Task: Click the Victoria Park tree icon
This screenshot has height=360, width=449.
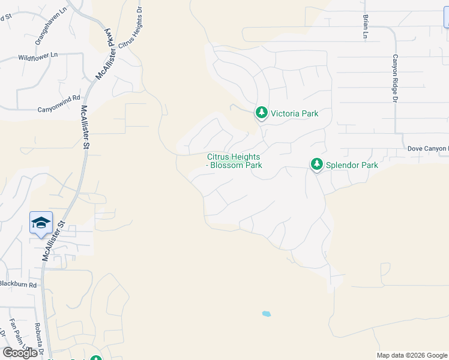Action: [x=261, y=113]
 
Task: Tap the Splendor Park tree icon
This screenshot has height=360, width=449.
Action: [x=317, y=164]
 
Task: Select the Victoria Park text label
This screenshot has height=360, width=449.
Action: [x=294, y=113]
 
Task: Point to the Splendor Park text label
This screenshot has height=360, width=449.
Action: [x=352, y=164]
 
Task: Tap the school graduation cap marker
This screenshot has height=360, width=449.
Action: [x=41, y=223]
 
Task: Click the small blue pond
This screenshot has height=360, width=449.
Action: [x=266, y=314]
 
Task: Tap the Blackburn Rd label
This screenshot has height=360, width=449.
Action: [x=18, y=284]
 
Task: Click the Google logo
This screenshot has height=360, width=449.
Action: [x=20, y=353]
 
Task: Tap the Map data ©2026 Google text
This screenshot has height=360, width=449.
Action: [x=412, y=355]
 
